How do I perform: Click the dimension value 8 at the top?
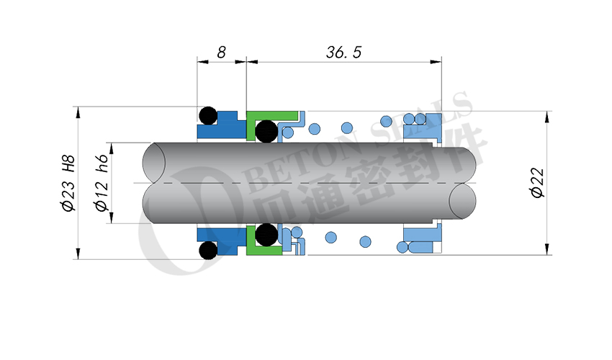tap(221, 52)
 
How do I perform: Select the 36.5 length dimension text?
tap(343, 52)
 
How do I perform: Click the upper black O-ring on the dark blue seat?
tap(207, 116)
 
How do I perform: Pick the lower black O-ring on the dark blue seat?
tap(207, 250)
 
